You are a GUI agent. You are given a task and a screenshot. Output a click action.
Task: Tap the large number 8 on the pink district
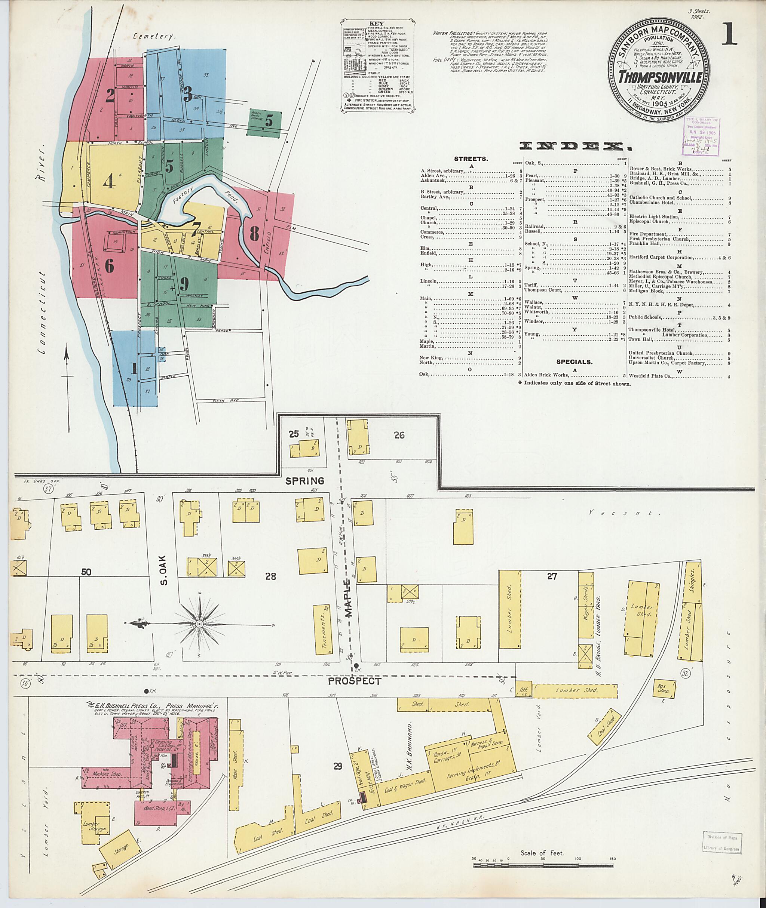254,234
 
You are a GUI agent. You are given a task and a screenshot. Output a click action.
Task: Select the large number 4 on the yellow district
109,181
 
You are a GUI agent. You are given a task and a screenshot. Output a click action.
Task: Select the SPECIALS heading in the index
574,361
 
